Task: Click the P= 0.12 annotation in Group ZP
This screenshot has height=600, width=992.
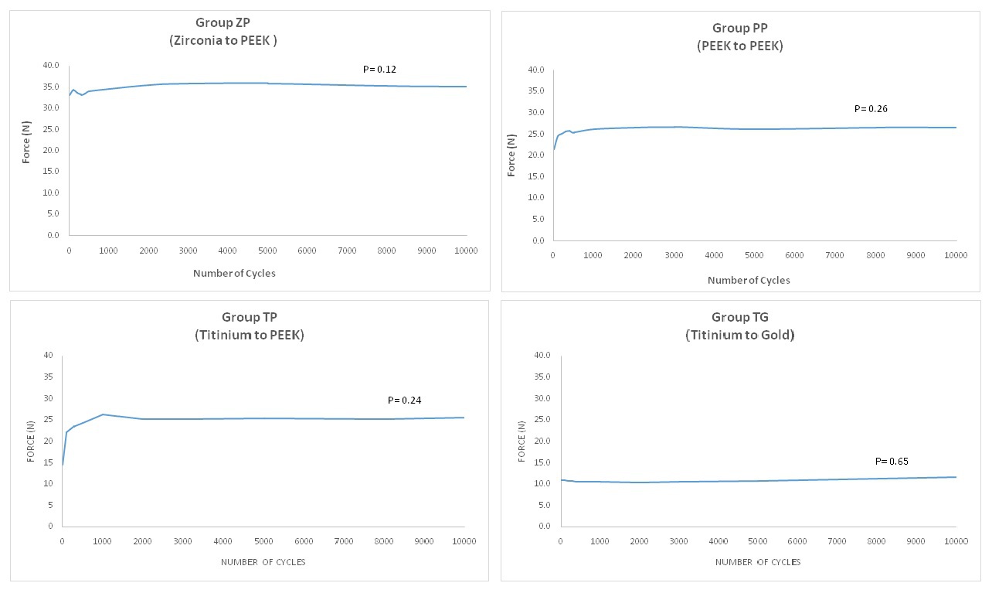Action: click(379, 70)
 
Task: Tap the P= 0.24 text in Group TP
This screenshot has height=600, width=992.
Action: click(404, 401)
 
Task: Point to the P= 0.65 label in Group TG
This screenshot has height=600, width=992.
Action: click(892, 462)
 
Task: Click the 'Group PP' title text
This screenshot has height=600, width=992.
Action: click(740, 29)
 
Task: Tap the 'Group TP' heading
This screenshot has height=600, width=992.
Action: click(249, 317)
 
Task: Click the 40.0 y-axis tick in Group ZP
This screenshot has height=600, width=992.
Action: click(50, 66)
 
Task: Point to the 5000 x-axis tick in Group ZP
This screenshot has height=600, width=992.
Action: click(267, 251)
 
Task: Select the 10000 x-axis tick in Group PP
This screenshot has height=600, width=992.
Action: click(956, 256)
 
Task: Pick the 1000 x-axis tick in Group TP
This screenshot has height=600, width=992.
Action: click(102, 542)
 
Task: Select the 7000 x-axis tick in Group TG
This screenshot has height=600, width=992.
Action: click(837, 542)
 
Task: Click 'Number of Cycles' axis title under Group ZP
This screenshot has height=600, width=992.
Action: click(234, 273)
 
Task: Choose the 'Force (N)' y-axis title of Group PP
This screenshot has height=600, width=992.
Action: click(511, 155)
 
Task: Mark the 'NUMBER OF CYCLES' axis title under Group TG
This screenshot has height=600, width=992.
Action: click(757, 562)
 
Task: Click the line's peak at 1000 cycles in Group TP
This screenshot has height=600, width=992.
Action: click(103, 414)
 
